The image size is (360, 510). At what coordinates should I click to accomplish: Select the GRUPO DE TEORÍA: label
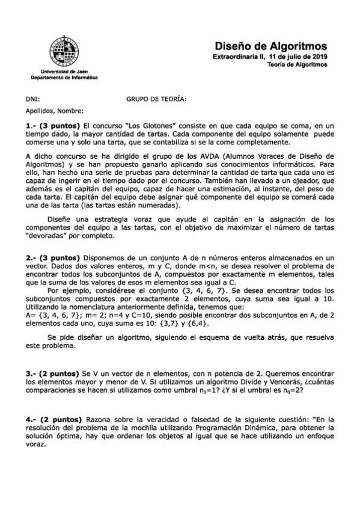point(156,99)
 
